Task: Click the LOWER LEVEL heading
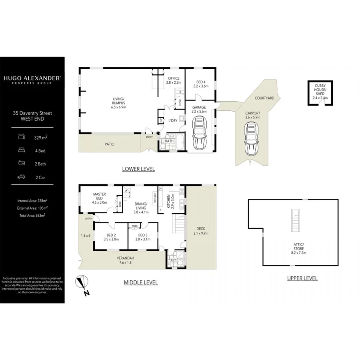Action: [138, 169]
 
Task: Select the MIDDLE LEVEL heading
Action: [140, 282]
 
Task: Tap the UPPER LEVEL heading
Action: [302, 278]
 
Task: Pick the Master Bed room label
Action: [99, 198]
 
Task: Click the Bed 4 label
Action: [201, 84]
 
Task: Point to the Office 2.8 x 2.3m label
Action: [174, 80]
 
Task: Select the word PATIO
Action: [109, 144]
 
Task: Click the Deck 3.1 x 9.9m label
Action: [201, 231]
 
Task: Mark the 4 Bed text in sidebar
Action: [39, 150]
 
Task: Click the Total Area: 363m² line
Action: [31, 215]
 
